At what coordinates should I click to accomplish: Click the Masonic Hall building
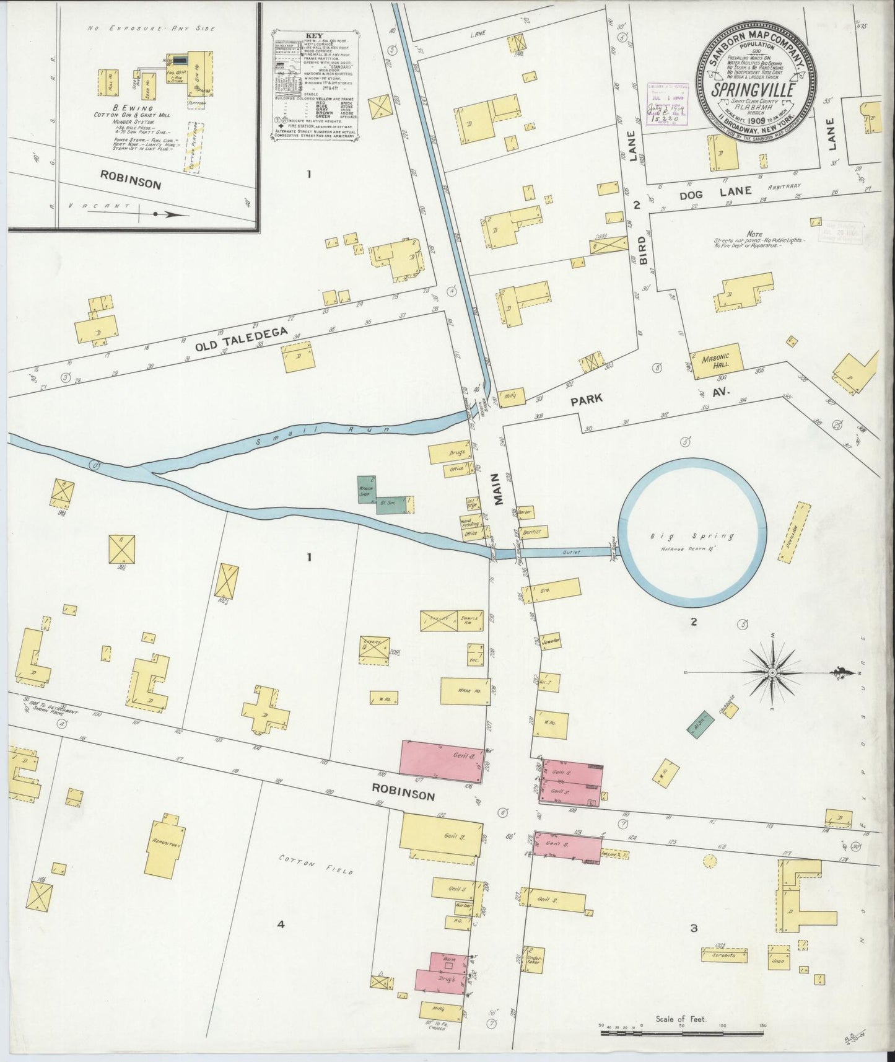pos(715,361)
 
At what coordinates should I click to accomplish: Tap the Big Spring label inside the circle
pos(692,536)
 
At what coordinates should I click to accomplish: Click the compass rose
pos(773,672)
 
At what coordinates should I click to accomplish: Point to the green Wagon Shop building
pos(367,489)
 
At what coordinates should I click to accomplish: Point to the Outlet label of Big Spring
pos(569,552)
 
